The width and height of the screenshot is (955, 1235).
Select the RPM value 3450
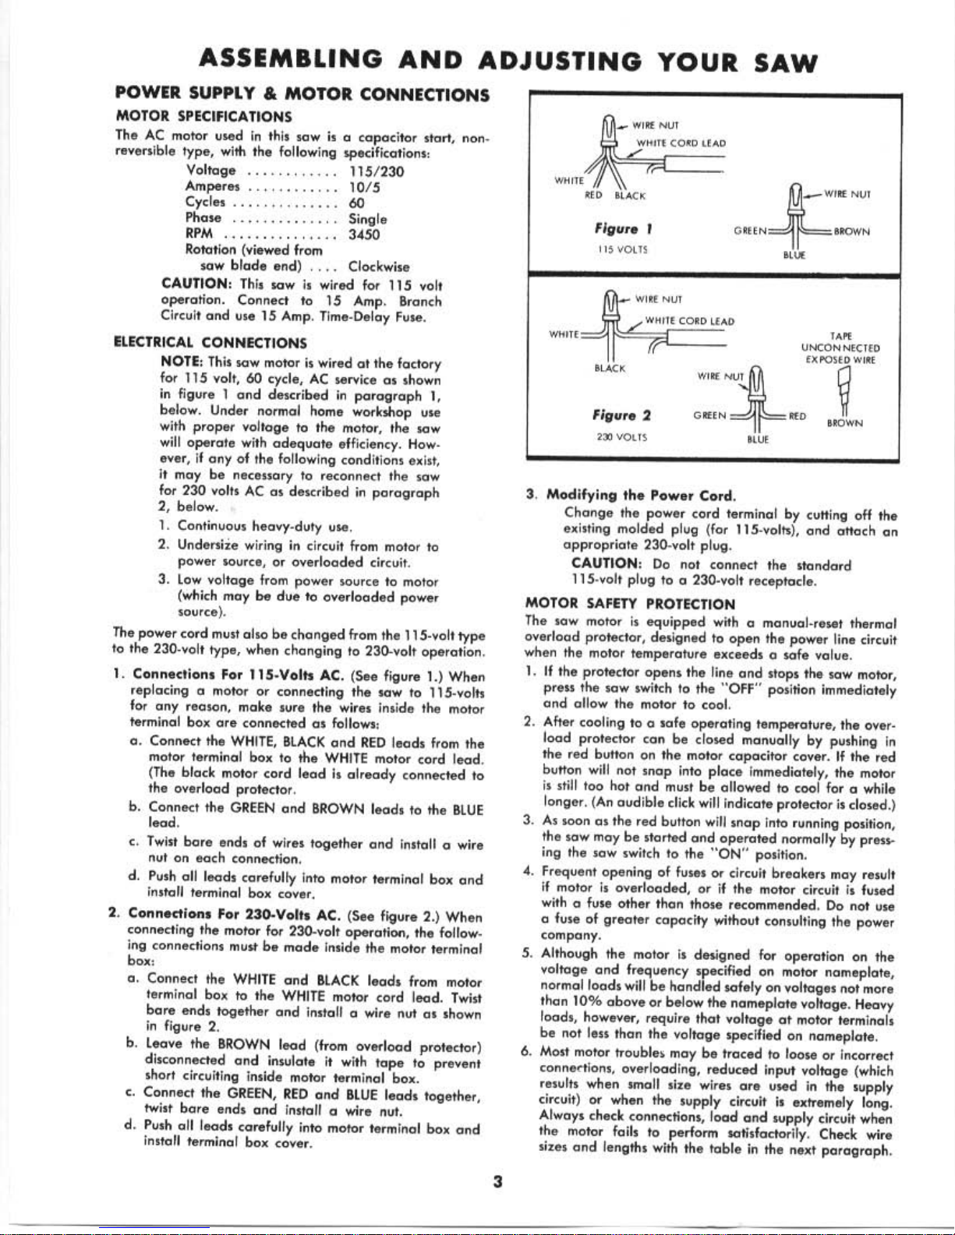363,234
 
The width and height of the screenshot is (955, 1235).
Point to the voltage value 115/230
376,171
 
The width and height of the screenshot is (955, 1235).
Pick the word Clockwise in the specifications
379,267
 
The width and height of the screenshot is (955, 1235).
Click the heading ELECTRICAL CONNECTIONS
210,342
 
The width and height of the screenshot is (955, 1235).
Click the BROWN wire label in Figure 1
852,231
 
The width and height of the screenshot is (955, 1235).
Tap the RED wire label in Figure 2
798,416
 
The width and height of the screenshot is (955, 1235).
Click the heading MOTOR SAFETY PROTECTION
630,604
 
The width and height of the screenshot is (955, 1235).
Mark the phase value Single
368,219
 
